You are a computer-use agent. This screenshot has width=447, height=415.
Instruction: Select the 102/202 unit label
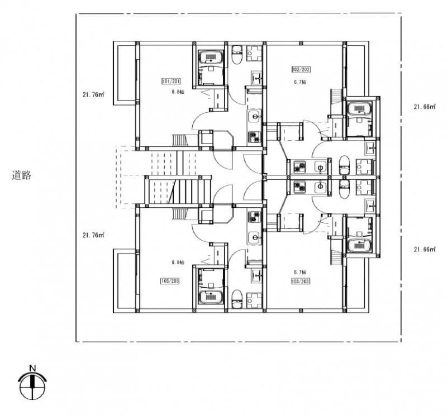pyautogui.click(x=301, y=70)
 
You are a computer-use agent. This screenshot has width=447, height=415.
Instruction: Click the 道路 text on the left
pyautogui.click(x=22, y=175)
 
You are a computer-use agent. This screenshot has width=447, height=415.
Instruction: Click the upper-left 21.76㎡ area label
pyautogui.click(x=93, y=95)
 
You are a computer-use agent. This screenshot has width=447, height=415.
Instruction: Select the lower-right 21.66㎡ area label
pyautogui.click(x=424, y=249)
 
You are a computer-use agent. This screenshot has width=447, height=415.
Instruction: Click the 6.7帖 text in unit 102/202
pyautogui.click(x=301, y=82)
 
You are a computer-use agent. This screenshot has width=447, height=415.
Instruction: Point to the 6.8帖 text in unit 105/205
pyautogui.click(x=178, y=262)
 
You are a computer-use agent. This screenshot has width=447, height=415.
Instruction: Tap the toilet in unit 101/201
pyautogui.click(x=236, y=54)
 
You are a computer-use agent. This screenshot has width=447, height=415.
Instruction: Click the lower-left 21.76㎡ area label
pyautogui.click(x=93, y=235)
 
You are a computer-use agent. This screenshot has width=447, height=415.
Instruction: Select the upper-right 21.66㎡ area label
pyautogui.click(x=424, y=107)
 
